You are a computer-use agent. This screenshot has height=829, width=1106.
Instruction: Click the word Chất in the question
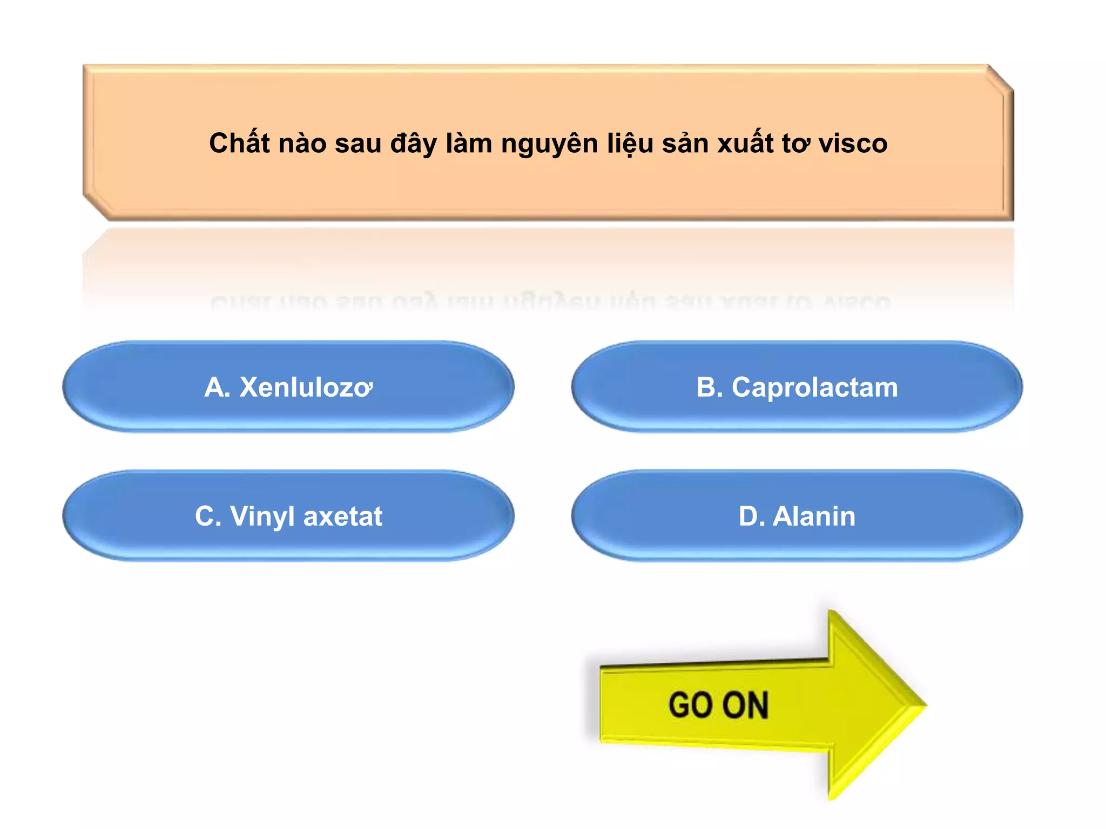pyautogui.click(x=239, y=142)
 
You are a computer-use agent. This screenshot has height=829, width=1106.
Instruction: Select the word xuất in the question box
pyautogui.click(x=745, y=142)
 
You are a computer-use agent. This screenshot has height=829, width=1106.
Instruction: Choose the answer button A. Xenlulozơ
pyautogui.click(x=288, y=387)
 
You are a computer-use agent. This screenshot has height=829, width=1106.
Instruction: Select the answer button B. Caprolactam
pyautogui.click(x=797, y=387)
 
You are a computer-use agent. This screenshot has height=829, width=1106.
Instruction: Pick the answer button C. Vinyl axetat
pyautogui.click(x=288, y=516)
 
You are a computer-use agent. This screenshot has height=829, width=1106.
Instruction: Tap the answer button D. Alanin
pyautogui.click(x=797, y=516)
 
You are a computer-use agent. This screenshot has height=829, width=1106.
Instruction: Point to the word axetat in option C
pyautogui.click(x=343, y=516)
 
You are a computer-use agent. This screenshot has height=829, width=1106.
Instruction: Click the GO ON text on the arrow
pyautogui.click(x=718, y=705)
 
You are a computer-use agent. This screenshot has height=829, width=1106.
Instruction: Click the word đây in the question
pyautogui.click(x=414, y=144)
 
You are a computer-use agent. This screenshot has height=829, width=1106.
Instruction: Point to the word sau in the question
pyautogui.click(x=358, y=144)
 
